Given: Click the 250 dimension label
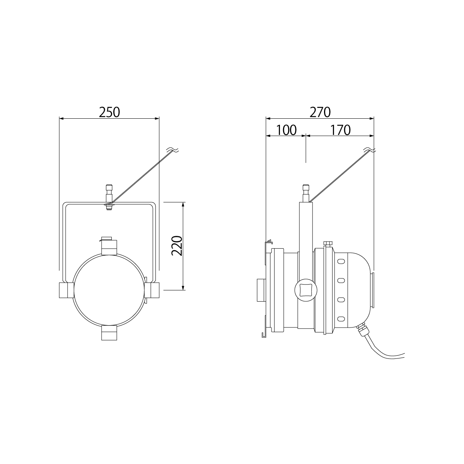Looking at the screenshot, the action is tap(109, 112).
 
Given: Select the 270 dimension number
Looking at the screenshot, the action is tap(320, 112).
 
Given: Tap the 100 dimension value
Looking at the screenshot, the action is tap(286, 130).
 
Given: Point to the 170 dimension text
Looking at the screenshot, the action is tap(340, 130).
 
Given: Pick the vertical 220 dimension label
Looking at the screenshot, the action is tap(177, 246).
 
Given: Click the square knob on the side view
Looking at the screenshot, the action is tap(306, 290).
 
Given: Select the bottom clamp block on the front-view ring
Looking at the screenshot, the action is tap(109, 333).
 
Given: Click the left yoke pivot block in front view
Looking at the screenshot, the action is tap(67, 290).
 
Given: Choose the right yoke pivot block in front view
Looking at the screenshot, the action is tap(152, 290).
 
